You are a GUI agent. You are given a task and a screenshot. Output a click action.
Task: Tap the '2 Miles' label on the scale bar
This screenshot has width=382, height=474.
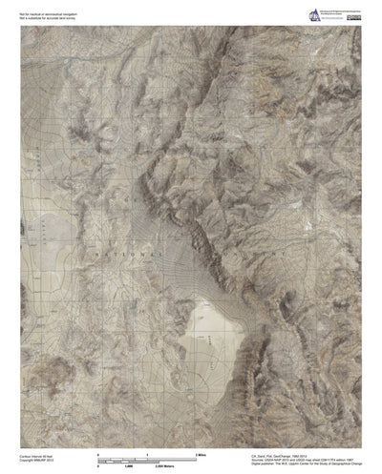(200, 455)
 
